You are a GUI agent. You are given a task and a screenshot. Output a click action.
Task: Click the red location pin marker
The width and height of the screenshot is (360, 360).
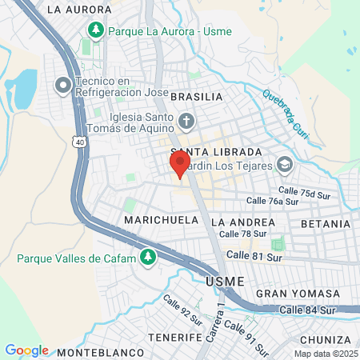pos(180,164)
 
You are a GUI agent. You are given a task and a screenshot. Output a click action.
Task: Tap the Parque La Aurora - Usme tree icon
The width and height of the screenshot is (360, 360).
pos(95,30)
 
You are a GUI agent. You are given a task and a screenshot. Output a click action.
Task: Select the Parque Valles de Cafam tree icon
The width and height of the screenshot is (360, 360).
pos(147,257)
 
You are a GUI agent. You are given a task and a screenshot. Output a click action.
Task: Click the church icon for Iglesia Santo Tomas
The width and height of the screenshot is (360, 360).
pos(186,122)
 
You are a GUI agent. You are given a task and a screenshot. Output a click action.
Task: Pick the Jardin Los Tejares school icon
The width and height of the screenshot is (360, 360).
pos(285,165)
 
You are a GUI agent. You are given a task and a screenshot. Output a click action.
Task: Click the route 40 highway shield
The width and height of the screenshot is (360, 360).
pos(78,142)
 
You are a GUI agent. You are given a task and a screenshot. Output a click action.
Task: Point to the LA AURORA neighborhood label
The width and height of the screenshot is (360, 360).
pos(79,10)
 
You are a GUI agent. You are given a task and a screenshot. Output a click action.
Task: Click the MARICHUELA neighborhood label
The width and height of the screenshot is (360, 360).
pos(155,219)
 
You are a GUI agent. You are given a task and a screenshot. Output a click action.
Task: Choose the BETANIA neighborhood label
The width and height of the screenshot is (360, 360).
pos(326,222)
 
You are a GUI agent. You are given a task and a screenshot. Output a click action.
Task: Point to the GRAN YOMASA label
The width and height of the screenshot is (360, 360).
pos(287,294)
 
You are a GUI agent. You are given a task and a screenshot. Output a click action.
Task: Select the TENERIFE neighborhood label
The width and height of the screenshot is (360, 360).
pos(174,338)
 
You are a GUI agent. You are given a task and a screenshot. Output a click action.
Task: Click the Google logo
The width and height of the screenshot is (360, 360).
pos(26,350)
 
